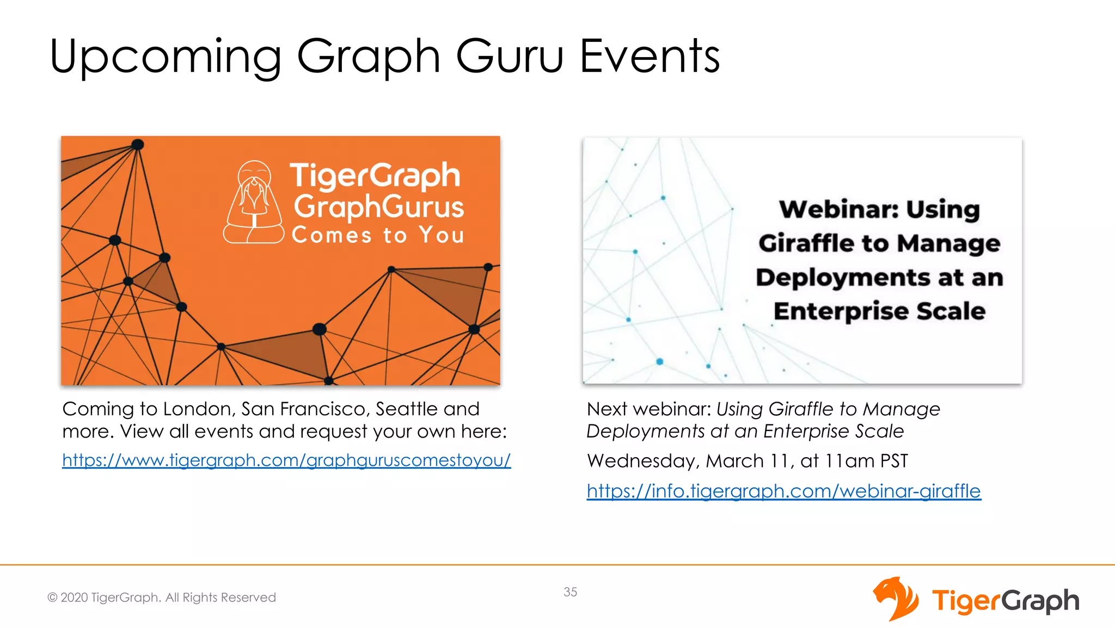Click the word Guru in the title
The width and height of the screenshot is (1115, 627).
pos(509,56)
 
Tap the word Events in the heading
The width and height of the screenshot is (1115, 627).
pos(650,56)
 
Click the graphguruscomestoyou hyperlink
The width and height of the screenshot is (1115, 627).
pos(286,460)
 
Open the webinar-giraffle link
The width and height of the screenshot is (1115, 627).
pos(783,491)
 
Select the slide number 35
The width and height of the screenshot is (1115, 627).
pos(570,592)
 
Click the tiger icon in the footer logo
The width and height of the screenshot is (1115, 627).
pos(896,599)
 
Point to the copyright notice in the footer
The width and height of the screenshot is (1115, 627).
pos(162,597)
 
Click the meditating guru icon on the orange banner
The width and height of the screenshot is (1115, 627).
pos(254,202)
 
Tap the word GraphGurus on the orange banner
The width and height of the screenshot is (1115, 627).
pos(379,207)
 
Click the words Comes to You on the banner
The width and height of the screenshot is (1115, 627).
pos(378,235)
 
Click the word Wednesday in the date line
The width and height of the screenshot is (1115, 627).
pos(642,461)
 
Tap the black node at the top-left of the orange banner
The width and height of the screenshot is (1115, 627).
pos(138,144)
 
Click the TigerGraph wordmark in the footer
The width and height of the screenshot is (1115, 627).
pos(1005,601)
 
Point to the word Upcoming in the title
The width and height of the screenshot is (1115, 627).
pos(166,57)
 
